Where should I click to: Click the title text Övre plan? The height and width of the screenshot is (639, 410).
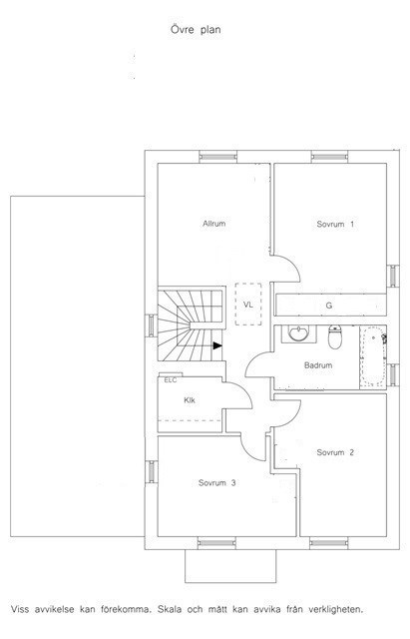click(196, 30)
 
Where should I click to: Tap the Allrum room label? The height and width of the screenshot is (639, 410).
click(214, 224)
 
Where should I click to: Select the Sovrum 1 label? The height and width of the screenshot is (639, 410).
click(335, 224)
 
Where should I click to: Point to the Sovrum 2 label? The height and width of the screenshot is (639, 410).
click(335, 452)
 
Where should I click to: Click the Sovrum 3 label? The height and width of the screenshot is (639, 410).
click(217, 483)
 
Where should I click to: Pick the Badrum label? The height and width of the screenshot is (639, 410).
click(318, 365)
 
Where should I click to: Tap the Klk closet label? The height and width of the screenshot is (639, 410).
click(190, 400)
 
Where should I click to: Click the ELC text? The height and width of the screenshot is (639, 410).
click(171, 380)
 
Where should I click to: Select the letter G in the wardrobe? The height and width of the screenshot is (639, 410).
click(329, 306)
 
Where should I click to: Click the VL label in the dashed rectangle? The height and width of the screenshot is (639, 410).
click(248, 305)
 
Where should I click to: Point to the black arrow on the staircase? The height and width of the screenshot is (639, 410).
click(217, 346)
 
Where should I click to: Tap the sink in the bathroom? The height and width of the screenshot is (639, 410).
click(298, 334)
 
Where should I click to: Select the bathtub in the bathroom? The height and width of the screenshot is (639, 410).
click(372, 356)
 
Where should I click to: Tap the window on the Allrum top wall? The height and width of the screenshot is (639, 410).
click(217, 157)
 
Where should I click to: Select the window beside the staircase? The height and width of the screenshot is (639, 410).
click(151, 325)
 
